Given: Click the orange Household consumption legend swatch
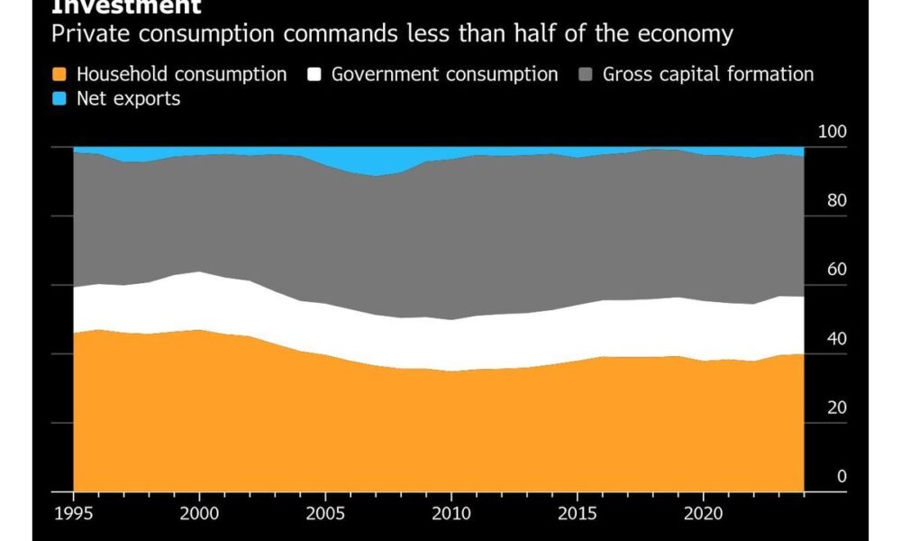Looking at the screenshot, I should tap(60, 75).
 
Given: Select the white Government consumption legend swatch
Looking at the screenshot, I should tap(314, 75).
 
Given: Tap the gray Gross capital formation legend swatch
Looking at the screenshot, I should tap(586, 75).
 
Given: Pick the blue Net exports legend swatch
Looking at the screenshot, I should tap(60, 99).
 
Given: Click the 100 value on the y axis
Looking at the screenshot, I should tap(832, 132).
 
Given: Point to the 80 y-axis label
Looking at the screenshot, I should tap(836, 201).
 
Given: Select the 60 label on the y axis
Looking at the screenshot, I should tap(836, 270).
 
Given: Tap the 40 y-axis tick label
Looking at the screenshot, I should tap(836, 339).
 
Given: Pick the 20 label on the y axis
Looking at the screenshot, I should tap(836, 408).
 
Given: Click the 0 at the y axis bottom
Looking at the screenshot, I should tap(842, 477).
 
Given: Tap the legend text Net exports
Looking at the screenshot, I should tap(129, 99).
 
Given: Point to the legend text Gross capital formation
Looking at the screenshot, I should tap(708, 75).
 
